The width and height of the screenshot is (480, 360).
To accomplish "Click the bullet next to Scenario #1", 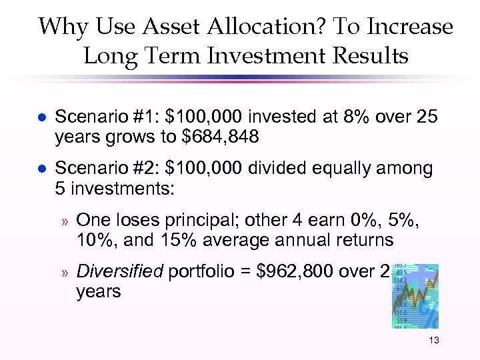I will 42,117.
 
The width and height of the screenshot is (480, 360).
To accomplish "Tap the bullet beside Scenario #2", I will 42,169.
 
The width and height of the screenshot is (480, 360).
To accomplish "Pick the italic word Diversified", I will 121,272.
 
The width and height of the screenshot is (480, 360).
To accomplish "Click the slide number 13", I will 434,341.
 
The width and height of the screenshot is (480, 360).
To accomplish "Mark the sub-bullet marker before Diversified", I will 65,273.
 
